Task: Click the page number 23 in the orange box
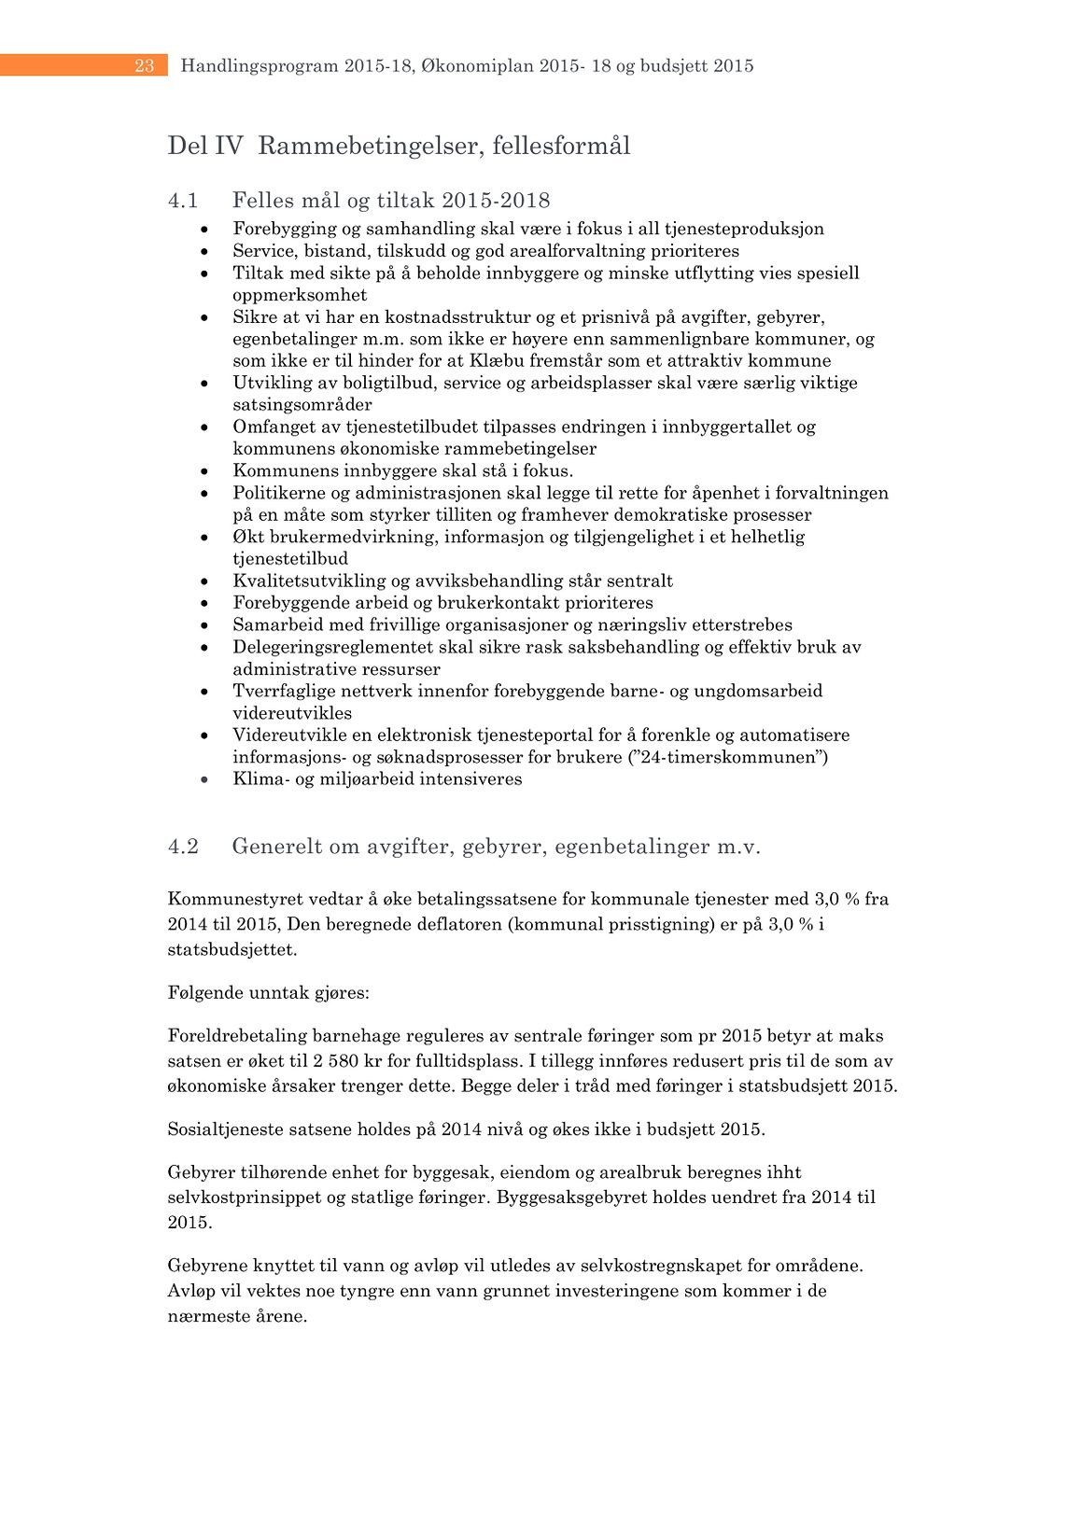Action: [x=144, y=65]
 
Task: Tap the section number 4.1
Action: [x=183, y=201]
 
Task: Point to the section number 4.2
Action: [x=183, y=847]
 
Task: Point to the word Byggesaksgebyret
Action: [x=571, y=1198]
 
